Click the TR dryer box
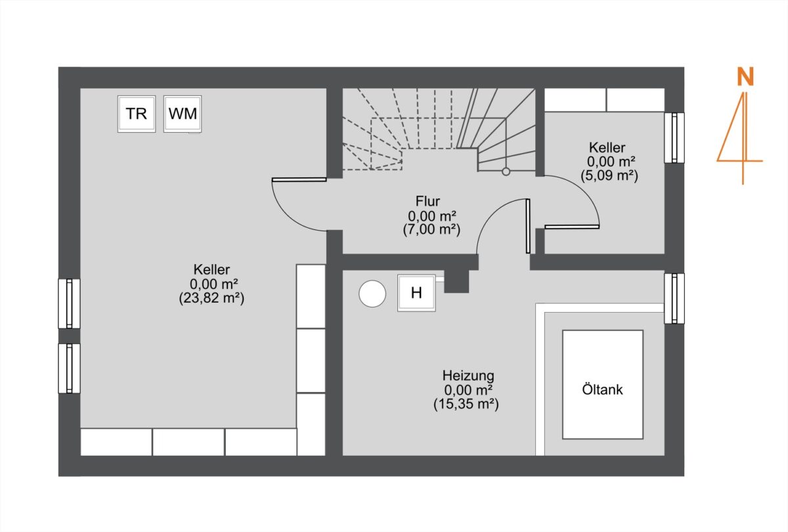coord(137,114)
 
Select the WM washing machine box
coord(183,114)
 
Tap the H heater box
coord(416,293)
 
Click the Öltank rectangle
coord(603,384)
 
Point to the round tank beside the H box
coord(372,294)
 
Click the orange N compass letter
coord(745,77)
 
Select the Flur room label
coord(427,201)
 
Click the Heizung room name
coord(468,376)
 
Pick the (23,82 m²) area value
coord(211,298)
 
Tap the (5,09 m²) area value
coord(609,175)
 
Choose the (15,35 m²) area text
coord(466,404)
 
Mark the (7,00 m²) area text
coord(431,229)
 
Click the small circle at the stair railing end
coord(506,171)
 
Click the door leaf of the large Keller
coord(299,179)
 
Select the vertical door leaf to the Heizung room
coord(528,226)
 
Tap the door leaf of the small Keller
coord(572,227)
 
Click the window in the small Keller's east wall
coord(674,138)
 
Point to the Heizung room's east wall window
coord(674,298)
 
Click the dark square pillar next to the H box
coord(456,281)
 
